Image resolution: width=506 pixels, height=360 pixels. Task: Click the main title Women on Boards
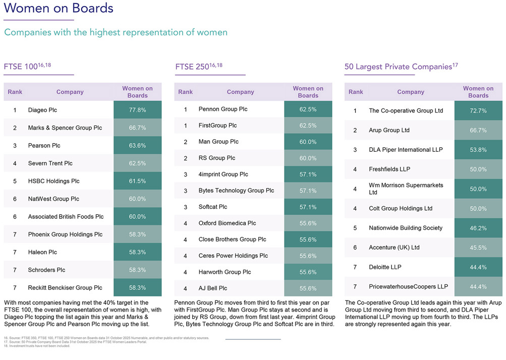pos(59,9)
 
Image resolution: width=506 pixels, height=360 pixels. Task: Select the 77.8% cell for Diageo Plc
pos(137,110)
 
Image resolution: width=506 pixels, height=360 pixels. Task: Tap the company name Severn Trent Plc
pos(50,163)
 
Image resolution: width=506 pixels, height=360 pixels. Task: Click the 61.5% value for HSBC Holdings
pos(137,181)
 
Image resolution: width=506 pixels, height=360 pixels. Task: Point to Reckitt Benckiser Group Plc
pos(65,288)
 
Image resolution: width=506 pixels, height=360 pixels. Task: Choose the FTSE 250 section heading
pos(199,67)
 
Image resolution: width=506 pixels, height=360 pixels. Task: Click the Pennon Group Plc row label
pos(222,109)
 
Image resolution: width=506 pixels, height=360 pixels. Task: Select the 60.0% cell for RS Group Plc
pos(308,158)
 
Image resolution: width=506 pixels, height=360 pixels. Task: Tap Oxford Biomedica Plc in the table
pos(227,223)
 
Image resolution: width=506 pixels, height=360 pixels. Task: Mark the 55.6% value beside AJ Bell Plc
pos(308,288)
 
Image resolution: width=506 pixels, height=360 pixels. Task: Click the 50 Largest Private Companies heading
pos(401,67)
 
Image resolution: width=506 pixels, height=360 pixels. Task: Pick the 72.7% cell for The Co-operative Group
pos(478,110)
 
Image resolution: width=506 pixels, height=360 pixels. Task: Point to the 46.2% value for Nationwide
pos(478,228)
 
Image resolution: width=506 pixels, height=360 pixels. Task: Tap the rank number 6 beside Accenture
pos(355,248)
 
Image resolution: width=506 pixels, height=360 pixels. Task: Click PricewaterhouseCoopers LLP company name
pos(408,286)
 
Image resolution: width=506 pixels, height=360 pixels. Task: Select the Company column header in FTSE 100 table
pos(70,92)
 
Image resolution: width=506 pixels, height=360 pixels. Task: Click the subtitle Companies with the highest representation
pos(116,32)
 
